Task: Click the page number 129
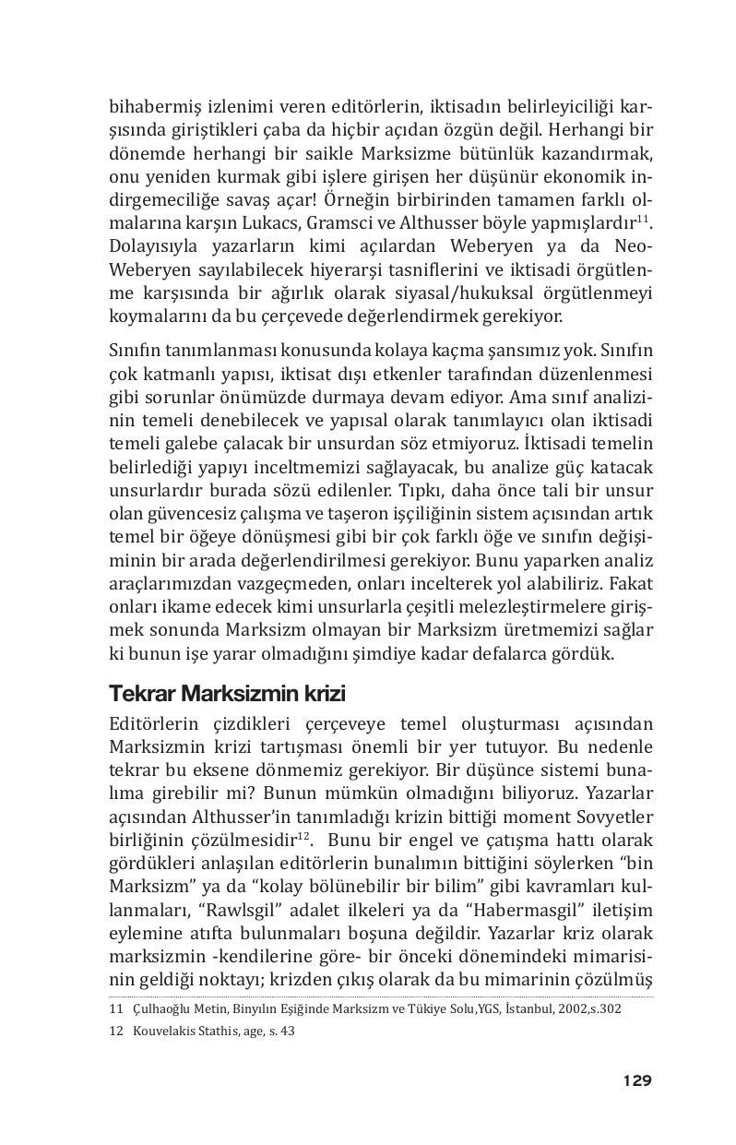coord(636,1080)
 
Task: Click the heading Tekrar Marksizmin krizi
coord(227,692)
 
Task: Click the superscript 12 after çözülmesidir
coord(304,835)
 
